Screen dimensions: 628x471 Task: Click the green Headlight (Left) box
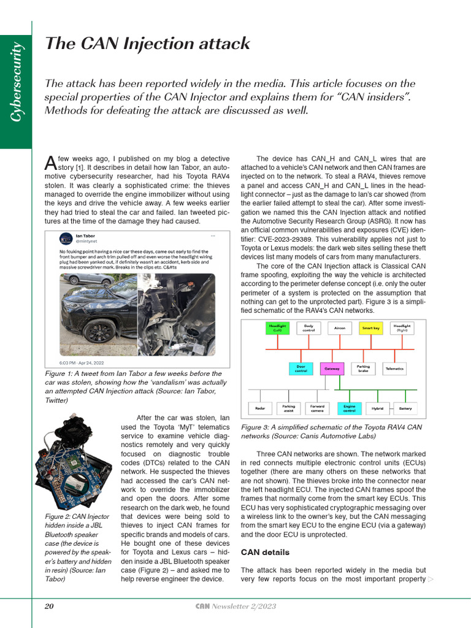(x=277, y=328)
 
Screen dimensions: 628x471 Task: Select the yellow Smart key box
(x=370, y=328)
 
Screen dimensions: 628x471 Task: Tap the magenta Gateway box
(x=332, y=369)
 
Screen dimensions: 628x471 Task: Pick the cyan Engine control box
(x=349, y=408)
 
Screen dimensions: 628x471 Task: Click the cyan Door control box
(x=301, y=369)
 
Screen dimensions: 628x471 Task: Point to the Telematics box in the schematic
(x=394, y=369)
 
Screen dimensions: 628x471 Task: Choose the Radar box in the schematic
(x=259, y=408)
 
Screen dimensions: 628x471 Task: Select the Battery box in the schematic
(x=405, y=408)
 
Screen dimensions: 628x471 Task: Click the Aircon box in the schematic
(x=339, y=328)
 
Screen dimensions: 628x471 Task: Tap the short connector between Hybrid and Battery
(x=391, y=408)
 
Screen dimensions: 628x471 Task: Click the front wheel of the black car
(x=100, y=331)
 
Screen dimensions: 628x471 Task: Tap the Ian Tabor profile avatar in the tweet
(x=66, y=239)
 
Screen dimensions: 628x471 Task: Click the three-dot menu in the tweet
(x=213, y=235)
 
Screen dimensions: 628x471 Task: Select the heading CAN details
(x=264, y=553)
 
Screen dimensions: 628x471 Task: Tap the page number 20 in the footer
(x=49, y=607)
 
